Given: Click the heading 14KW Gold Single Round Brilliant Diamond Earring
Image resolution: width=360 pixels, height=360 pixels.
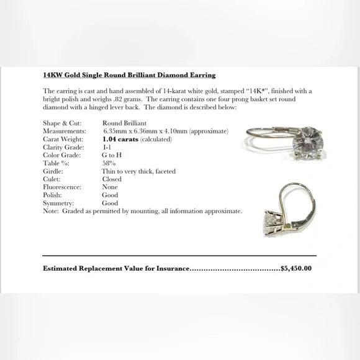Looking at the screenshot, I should point(129,75).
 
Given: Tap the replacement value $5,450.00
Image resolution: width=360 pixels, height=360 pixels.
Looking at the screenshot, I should point(296,269).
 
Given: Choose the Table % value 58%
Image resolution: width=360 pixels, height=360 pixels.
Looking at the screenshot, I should point(109,163).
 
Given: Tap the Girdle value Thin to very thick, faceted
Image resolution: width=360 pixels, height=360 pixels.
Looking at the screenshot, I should point(138,171).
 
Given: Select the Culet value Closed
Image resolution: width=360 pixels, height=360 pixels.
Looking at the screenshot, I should point(112,179).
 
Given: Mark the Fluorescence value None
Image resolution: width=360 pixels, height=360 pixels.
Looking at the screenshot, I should point(110,187).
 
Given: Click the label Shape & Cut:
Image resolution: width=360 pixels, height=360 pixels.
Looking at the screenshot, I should point(61,124).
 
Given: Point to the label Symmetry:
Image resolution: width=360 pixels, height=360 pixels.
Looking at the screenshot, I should point(58,203).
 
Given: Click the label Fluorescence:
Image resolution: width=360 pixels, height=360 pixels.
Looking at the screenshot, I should point(63,187).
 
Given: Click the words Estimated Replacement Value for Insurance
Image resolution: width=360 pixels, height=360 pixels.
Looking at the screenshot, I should point(115,269).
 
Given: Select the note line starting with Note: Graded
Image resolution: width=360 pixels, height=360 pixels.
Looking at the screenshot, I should point(143,211).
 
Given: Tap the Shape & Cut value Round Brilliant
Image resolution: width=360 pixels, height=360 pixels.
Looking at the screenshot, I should point(124,124).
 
